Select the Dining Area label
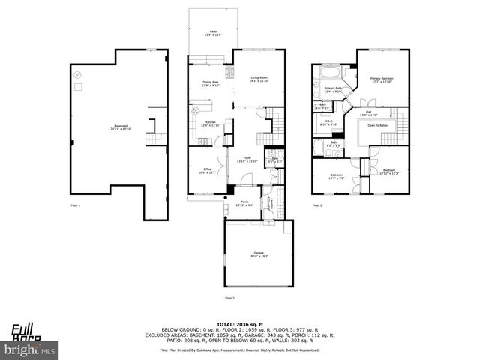[210, 83]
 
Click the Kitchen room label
[211, 123]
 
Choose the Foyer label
[247, 160]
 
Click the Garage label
[258, 255]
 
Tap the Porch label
[244, 203]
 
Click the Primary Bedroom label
[382, 79]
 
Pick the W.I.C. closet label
[328, 123]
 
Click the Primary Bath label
[333, 89]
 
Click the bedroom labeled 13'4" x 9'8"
[335, 176]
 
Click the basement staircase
[155, 139]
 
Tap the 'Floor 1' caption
[75, 205]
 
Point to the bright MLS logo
[30, 349]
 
